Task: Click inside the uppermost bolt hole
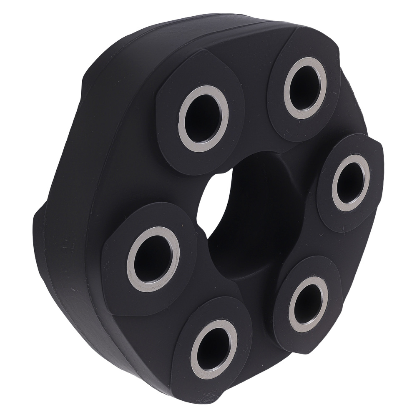(x=305, y=88)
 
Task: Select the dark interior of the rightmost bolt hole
(x=350, y=183)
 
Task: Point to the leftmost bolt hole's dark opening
(x=153, y=259)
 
